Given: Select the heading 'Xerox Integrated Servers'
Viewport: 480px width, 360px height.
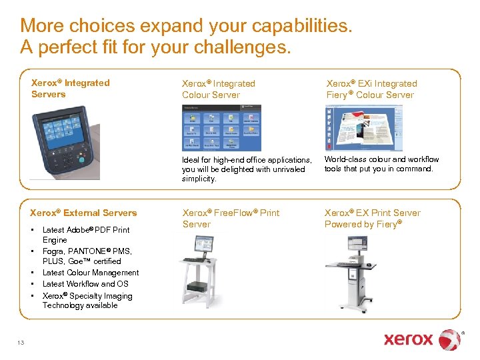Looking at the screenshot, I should [70, 88].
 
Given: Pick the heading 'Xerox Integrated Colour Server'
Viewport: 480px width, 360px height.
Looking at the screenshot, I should [218, 89].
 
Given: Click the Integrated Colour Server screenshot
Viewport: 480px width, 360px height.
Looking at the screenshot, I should [221, 127].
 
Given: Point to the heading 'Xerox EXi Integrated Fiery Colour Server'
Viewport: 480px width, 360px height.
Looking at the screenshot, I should [371, 89].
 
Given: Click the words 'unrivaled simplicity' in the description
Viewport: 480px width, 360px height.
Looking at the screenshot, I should [227, 174].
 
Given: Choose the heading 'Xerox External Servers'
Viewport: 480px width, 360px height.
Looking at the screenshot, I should [83, 213].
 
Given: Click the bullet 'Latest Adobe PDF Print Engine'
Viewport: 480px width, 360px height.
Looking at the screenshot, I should [85, 235].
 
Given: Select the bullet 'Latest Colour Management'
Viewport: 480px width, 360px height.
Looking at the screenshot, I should [91, 273].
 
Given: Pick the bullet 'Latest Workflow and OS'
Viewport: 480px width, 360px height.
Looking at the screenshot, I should [85, 284].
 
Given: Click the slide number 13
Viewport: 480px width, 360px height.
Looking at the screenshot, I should [21, 343].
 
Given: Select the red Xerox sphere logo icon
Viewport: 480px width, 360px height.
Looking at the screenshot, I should [449, 339].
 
